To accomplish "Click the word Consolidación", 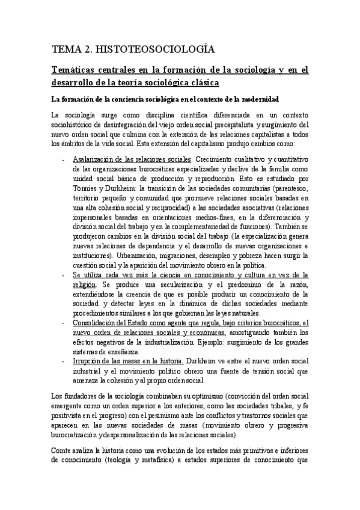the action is pyautogui.click(x=97, y=322).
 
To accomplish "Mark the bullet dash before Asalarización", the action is pyautogui.click(x=64, y=159).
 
